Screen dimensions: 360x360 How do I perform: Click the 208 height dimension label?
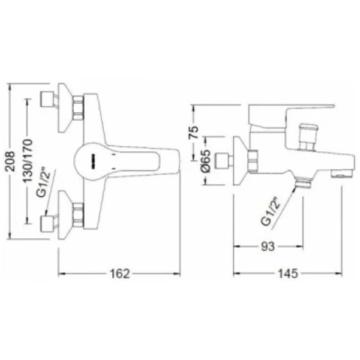point(10,161)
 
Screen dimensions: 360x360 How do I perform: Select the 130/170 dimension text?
point(28,161)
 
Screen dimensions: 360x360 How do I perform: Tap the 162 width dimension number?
point(120,274)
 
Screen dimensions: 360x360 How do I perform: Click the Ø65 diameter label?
point(205,161)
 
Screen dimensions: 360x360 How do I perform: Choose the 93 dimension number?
point(268,247)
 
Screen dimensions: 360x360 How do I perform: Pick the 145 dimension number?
point(287,274)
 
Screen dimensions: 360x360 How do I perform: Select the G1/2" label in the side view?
point(271,211)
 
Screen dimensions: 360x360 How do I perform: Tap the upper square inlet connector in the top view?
point(47,99)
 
